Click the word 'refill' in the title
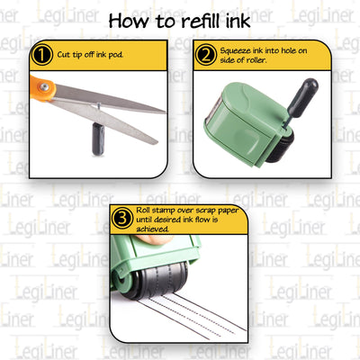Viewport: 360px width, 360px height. (200, 20)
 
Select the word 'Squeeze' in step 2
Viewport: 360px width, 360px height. (236, 51)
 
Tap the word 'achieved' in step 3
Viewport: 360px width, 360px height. (156, 228)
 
